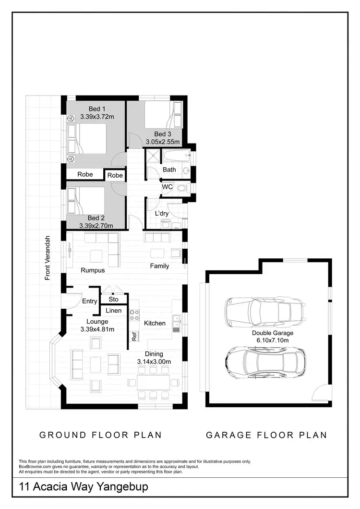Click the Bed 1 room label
pos(94,109)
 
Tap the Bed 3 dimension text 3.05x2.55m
pos(163,142)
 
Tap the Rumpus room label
pos(93,270)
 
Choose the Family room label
pos(159,266)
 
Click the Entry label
pos(90,302)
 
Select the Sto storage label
pos(114,300)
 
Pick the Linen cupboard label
pos(114,311)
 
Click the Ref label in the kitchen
pos(134,337)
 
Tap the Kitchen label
pos(155,323)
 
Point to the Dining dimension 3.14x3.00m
pos(155,361)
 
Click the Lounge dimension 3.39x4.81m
pos(97,329)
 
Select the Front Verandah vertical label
pos(48,258)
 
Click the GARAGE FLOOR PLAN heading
pos(266,435)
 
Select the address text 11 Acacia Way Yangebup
pos(84,487)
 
